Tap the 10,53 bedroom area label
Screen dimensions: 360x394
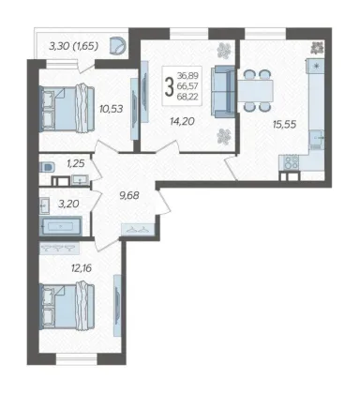(x=111, y=109)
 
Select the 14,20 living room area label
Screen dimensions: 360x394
(x=182, y=121)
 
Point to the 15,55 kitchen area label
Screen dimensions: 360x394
(x=284, y=125)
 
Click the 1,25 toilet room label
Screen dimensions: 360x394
(x=75, y=163)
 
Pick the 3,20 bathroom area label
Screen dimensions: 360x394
(x=68, y=204)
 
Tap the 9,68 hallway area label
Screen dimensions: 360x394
(x=129, y=196)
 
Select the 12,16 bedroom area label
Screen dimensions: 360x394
(x=82, y=268)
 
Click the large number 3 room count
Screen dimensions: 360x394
(x=169, y=87)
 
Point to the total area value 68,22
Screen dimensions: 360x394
(x=187, y=97)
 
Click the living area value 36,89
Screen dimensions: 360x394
(x=187, y=75)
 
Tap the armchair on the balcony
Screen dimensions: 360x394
(x=118, y=45)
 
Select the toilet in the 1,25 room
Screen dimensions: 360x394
(x=47, y=167)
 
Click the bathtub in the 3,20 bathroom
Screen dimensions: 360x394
(x=61, y=225)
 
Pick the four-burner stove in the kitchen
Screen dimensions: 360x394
(x=289, y=163)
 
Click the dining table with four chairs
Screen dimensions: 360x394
(x=256, y=91)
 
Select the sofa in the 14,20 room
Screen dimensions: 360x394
(x=222, y=91)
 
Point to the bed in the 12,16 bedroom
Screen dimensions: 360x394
(x=67, y=306)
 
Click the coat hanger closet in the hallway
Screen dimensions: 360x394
(x=138, y=230)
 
